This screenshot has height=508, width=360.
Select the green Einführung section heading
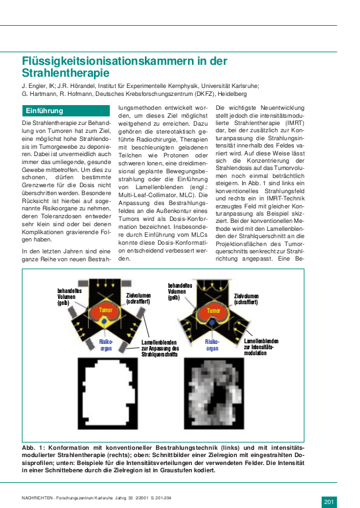click(x=45, y=110)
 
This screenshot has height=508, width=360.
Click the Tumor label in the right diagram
click(x=214, y=309)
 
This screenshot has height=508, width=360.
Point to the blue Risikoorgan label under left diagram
click(x=106, y=344)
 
